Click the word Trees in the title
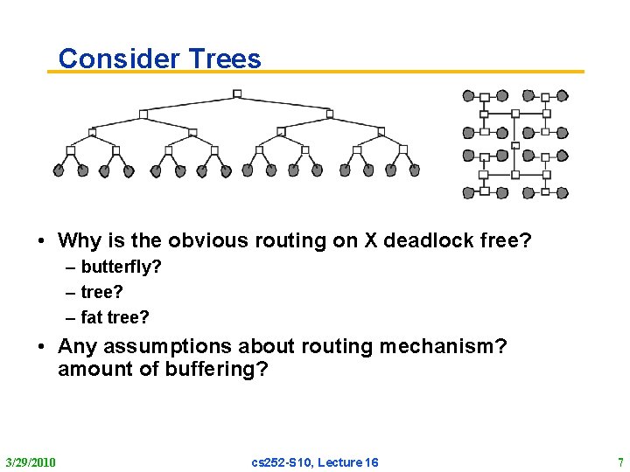pos(222,59)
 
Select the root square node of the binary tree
pos(236,94)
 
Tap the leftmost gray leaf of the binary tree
pos(59,171)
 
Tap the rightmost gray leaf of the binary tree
pos(414,170)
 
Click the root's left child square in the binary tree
pos(143,114)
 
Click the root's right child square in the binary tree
pos(329,113)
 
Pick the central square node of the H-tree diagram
pos(515,144)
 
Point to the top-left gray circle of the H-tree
pos(468,96)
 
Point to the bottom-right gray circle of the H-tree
pos(563,192)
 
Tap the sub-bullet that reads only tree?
pos(101,292)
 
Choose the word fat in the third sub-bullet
pos(92,316)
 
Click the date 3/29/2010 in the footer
pos(31,462)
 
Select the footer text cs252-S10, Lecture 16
pos(315,462)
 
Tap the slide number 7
pos(619,462)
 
